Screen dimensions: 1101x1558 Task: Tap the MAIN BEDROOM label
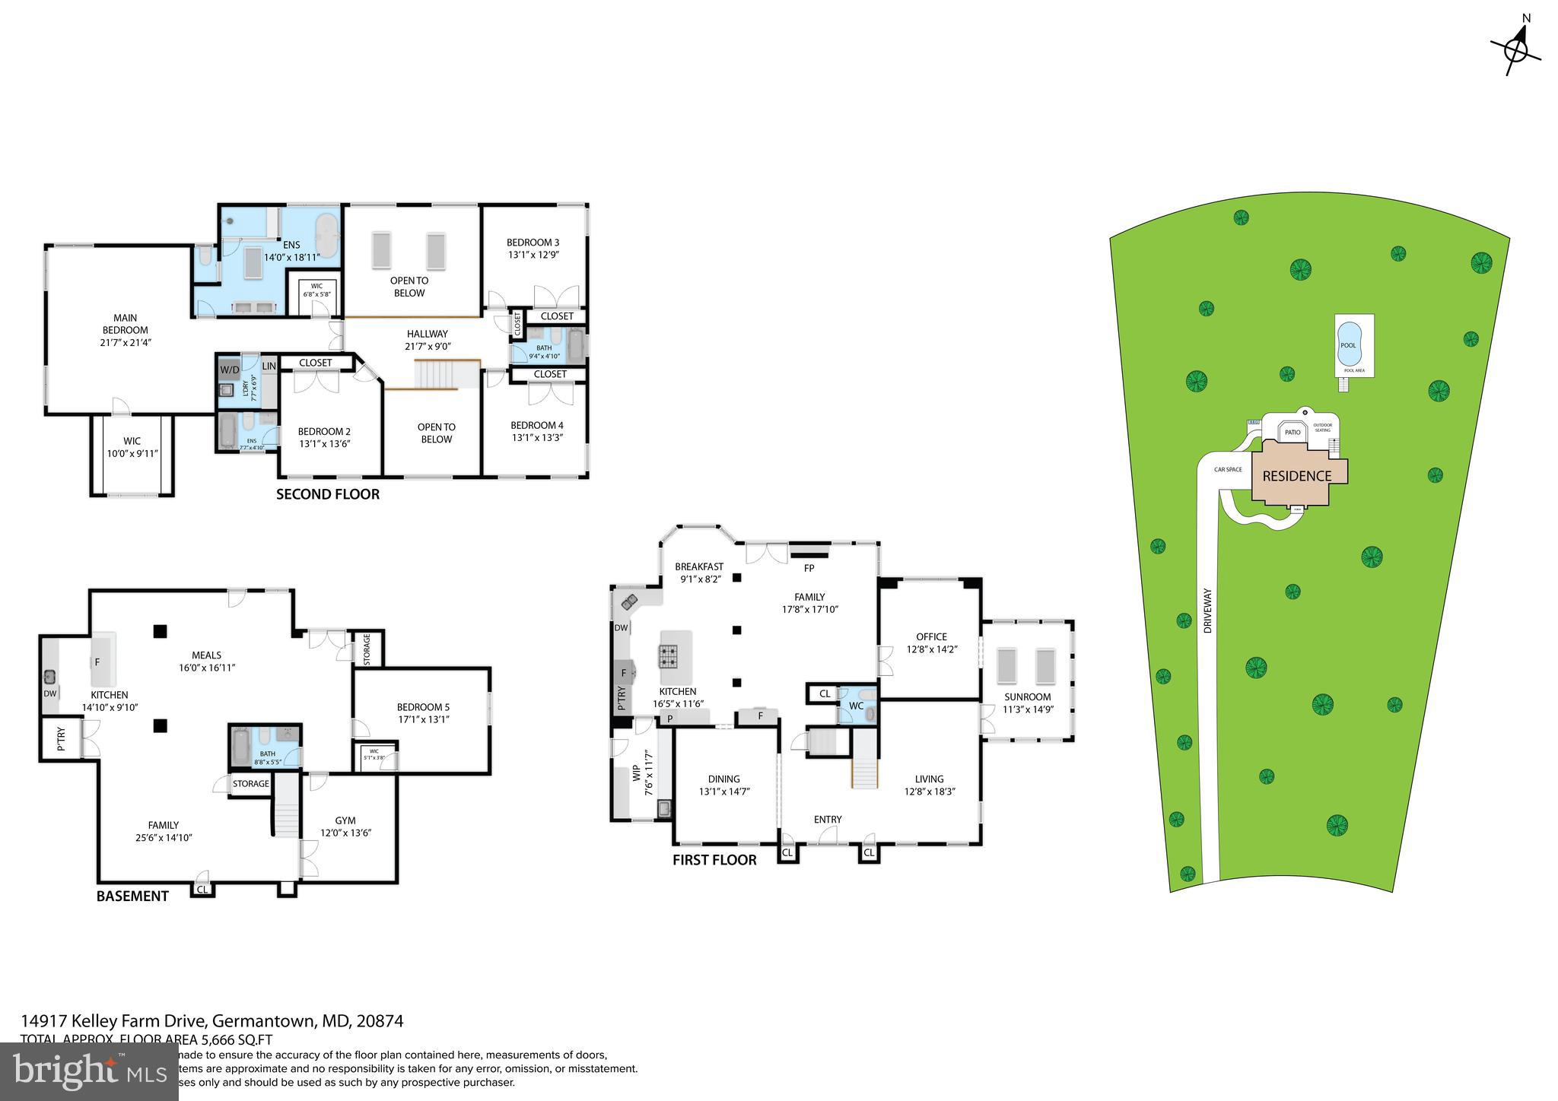pos(126,324)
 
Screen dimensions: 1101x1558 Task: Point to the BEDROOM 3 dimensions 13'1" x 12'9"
pos(533,255)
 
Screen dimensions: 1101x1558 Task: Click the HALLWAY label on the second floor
pos(427,334)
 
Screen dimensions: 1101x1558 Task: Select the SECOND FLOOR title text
pos(327,495)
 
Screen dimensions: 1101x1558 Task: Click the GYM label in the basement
pos(345,820)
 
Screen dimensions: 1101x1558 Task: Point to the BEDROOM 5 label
pos(423,707)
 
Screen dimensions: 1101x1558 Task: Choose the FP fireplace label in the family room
pos(809,568)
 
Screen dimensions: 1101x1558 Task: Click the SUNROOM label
pos(1027,696)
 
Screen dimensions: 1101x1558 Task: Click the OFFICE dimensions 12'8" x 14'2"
pos(932,649)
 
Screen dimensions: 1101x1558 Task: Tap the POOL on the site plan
pos(1349,345)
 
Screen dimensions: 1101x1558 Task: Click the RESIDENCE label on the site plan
pos(1297,477)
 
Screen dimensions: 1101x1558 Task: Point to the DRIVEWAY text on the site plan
pos(1207,611)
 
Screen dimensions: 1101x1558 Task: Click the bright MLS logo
pos(90,1071)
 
